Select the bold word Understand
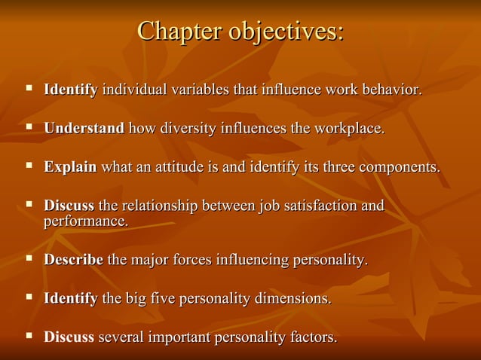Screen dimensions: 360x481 [x=84, y=129]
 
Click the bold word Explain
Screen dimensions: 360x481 [x=70, y=166]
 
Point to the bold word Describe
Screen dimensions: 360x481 [x=73, y=261]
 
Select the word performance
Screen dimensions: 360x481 [x=85, y=222]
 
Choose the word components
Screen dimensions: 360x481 [x=400, y=166]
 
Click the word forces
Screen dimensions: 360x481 [x=191, y=261]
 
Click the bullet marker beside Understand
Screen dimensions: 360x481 [x=29, y=127]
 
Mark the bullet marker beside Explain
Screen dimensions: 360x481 [x=29, y=165]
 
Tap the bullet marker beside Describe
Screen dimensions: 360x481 [x=29, y=259]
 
